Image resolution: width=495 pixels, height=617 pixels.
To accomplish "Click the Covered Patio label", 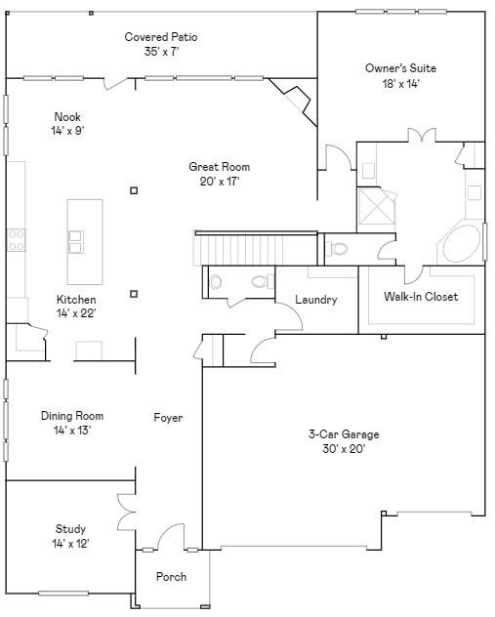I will tap(161, 37).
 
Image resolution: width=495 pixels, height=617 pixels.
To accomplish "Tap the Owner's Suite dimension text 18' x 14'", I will tap(400, 83).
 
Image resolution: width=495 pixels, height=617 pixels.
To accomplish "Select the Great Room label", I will tap(220, 167).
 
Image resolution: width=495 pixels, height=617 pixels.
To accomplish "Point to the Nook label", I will tap(67, 117).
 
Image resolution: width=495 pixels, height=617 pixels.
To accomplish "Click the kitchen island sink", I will tap(75, 236).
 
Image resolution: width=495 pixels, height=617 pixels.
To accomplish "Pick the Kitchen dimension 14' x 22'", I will tap(75, 313).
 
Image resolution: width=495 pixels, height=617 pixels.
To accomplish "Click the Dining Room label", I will tap(72, 416).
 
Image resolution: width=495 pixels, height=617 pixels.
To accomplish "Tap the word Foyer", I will tap(168, 418).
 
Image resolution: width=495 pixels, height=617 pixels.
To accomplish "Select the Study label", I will tap(70, 529).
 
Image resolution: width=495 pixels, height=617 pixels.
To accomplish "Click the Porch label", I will tap(171, 577).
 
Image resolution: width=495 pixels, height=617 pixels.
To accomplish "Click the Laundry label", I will tap(315, 300).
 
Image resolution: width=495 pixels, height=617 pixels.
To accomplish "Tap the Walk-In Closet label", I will tap(421, 297).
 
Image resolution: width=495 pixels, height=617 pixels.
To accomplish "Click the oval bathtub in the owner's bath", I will tap(462, 244).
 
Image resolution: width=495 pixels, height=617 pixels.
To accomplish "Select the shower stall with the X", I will tap(377, 207).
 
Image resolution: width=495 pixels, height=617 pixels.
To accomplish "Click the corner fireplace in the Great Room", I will tap(294, 100).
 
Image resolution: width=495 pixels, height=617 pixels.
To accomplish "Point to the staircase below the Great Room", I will tap(256, 248).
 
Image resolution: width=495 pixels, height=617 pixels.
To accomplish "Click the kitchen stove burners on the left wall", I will tap(17, 239).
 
